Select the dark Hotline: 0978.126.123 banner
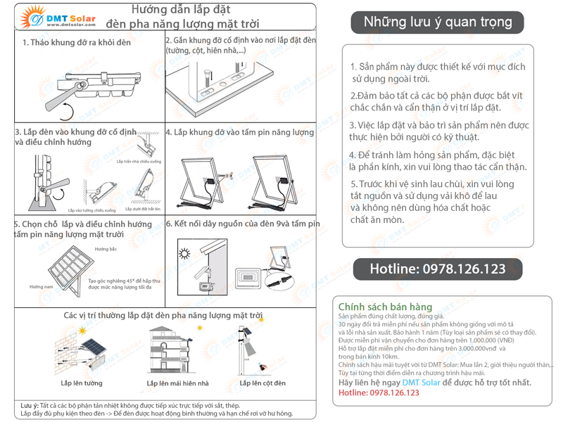click(437, 269)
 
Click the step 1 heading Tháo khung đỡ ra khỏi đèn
click(76, 43)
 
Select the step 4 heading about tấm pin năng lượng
click(239, 132)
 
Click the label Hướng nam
click(41, 287)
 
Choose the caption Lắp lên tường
click(81, 383)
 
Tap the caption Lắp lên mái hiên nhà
click(177, 383)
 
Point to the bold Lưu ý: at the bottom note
click(29, 407)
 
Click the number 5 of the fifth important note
click(353, 184)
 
